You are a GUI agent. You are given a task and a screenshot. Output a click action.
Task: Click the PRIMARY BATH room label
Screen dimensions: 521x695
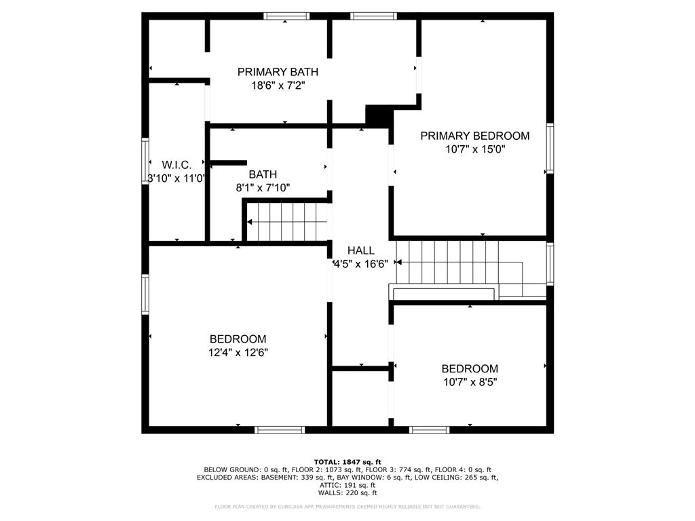(278, 72)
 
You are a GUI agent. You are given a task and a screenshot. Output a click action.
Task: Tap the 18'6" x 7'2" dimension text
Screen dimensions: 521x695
(278, 86)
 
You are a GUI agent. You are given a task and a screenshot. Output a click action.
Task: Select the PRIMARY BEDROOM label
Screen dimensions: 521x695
(474, 136)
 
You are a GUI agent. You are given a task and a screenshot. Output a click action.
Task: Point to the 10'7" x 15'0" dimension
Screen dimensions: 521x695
(474, 150)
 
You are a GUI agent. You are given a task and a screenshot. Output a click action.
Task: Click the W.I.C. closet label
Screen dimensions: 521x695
(176, 165)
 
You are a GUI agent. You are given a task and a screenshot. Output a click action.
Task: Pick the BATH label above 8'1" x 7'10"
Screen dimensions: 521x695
(263, 174)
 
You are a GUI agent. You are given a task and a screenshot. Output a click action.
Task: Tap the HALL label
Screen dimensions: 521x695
(360, 250)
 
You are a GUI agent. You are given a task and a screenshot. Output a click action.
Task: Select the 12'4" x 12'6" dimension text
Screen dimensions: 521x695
(238, 353)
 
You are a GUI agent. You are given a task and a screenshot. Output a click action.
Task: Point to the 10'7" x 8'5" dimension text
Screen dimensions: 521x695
(470, 382)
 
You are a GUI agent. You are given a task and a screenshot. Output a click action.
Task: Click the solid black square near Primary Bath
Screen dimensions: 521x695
(379, 115)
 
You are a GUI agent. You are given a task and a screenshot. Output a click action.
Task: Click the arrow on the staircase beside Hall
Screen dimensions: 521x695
(399, 262)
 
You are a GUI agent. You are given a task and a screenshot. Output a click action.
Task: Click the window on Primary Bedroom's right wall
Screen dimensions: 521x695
(550, 147)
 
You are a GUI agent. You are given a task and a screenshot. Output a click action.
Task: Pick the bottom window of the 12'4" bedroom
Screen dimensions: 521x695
(280, 429)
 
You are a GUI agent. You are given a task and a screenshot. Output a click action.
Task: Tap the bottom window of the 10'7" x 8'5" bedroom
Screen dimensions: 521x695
(430, 429)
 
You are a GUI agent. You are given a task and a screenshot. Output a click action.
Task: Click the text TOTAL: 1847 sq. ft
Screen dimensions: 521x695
(347, 462)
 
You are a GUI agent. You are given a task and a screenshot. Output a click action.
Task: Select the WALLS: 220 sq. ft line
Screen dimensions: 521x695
(347, 493)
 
